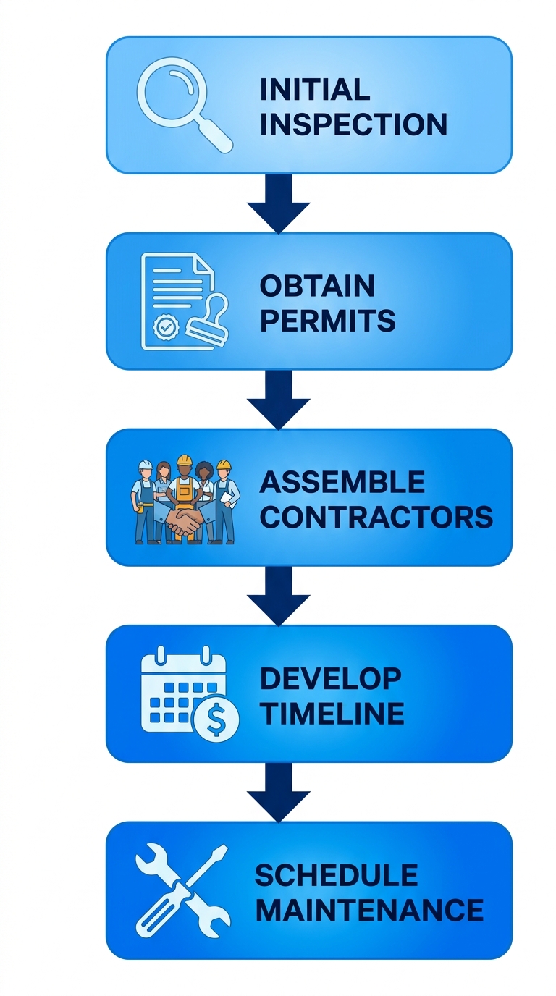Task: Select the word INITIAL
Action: (x=314, y=90)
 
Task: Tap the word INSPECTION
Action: (x=353, y=124)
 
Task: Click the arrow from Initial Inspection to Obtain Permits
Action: (x=278, y=203)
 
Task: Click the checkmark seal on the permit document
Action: (x=165, y=327)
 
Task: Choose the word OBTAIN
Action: (x=316, y=286)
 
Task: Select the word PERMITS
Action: (x=327, y=321)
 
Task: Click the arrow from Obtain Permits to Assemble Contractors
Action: (x=278, y=400)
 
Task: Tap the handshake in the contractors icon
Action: (x=184, y=523)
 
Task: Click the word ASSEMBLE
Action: (x=342, y=482)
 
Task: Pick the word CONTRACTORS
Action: (x=376, y=517)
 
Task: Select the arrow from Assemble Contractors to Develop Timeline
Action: (x=278, y=596)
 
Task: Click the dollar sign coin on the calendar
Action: (x=215, y=719)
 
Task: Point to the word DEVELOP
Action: (x=330, y=678)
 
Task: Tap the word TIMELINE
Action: (x=332, y=713)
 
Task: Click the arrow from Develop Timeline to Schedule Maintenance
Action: (x=278, y=792)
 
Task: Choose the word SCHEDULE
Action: (x=336, y=875)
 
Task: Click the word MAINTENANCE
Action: (x=368, y=910)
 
